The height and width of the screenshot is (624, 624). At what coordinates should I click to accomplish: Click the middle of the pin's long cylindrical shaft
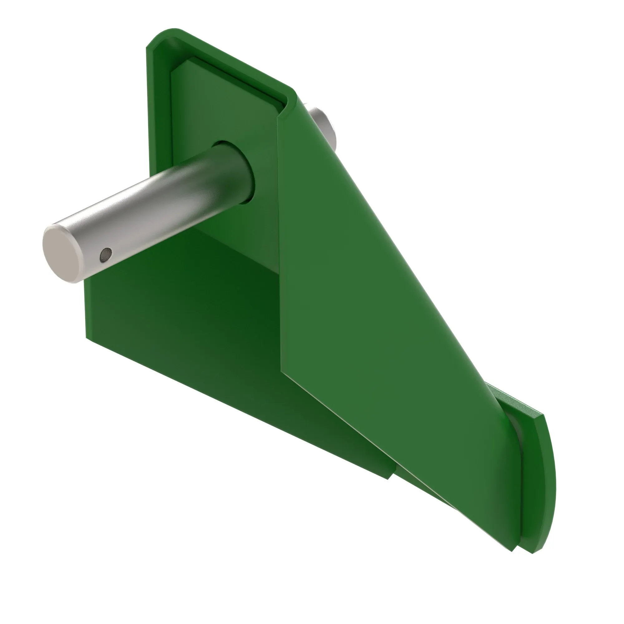155,207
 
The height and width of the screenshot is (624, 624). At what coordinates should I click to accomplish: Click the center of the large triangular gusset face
371,291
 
